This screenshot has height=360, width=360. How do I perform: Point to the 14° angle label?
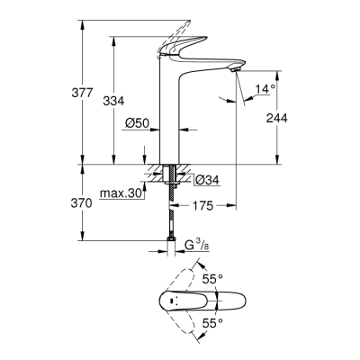click(264, 88)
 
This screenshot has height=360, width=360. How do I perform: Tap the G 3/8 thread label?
click(201, 244)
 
